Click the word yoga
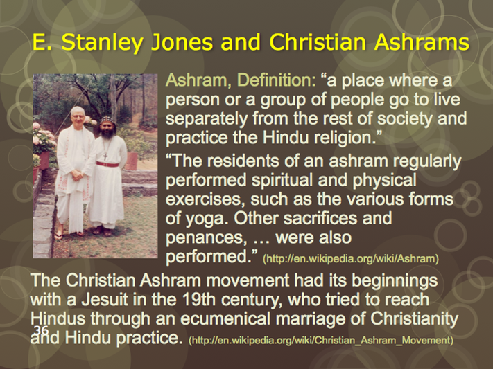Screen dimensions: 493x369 click(x=205, y=219)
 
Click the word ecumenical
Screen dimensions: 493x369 click(x=225, y=318)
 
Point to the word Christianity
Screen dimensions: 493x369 click(x=415, y=320)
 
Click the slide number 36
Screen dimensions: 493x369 click(x=41, y=330)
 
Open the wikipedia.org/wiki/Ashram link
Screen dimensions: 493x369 click(x=351, y=259)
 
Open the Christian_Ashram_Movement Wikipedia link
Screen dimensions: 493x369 click(x=321, y=341)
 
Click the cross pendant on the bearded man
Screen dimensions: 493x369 click(x=105, y=156)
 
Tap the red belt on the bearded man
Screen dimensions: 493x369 click(x=107, y=164)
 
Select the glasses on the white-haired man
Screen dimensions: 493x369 click(x=78, y=116)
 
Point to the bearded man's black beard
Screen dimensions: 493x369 click(x=107, y=134)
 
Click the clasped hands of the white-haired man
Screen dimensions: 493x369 click(x=76, y=174)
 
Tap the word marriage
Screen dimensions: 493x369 click(x=318, y=320)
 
